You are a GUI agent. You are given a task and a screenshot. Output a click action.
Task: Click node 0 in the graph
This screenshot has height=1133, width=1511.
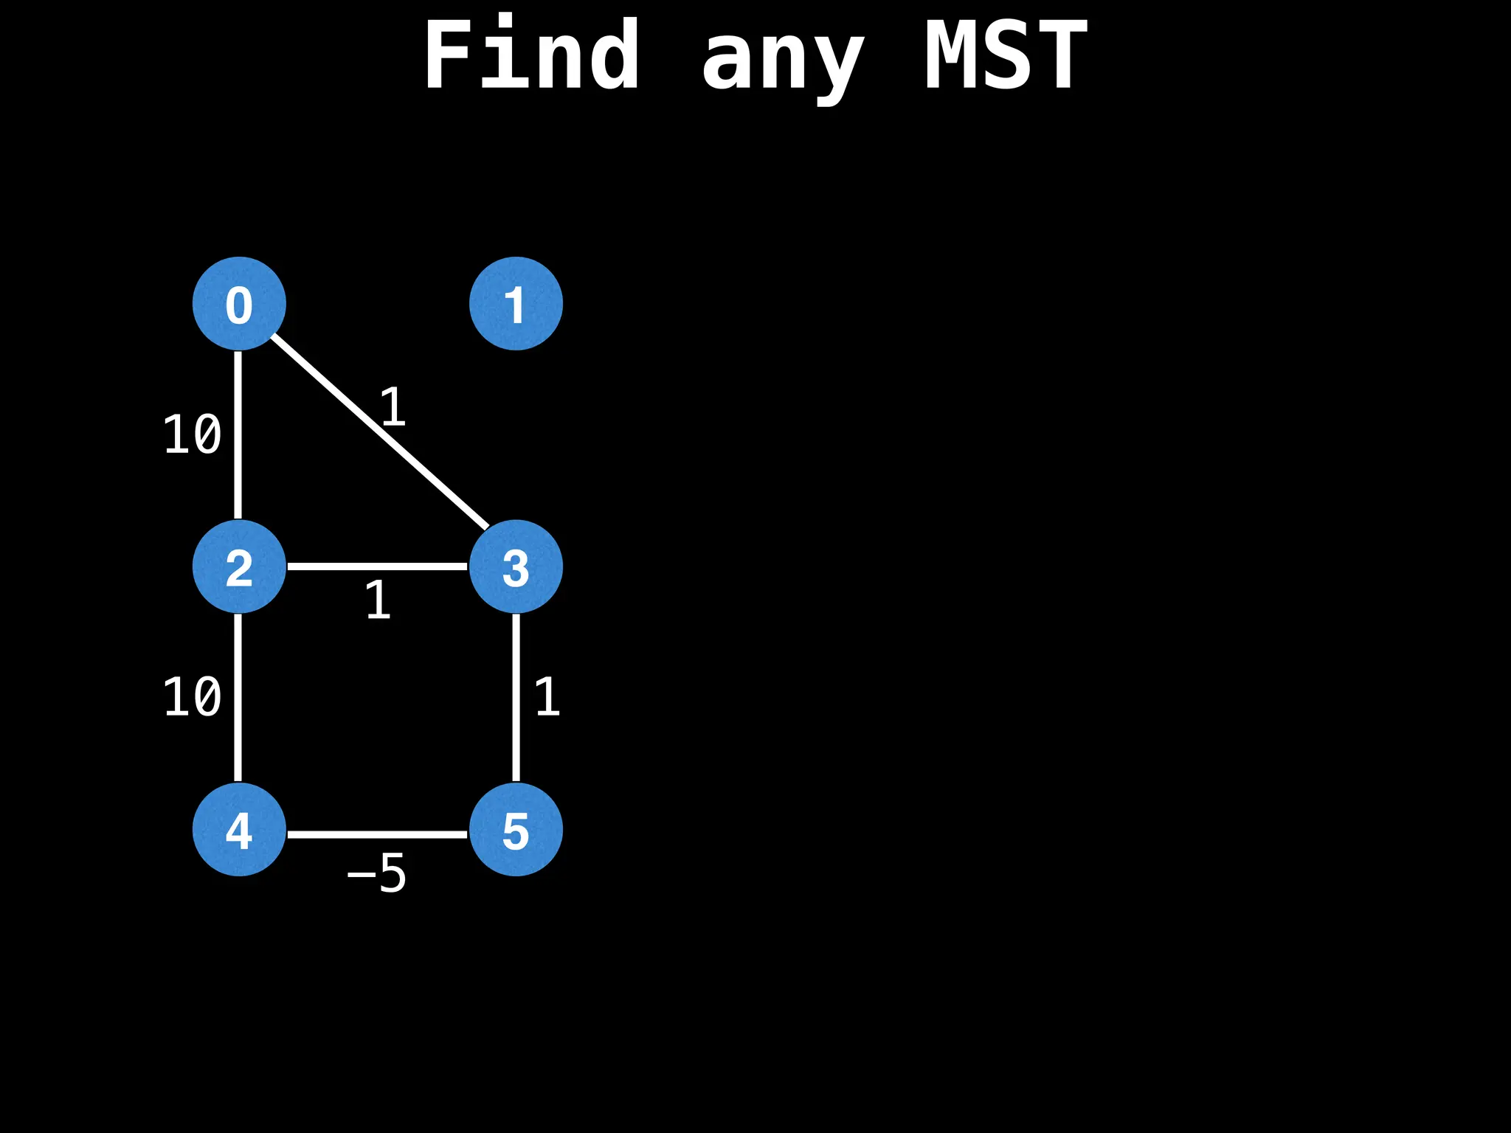point(239,303)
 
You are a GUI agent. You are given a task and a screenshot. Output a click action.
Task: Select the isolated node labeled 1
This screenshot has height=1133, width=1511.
point(516,303)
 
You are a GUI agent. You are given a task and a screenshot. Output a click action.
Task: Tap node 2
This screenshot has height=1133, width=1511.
point(239,566)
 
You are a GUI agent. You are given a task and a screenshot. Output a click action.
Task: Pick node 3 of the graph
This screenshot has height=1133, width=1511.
point(516,566)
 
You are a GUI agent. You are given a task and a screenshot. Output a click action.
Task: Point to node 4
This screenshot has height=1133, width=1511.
point(239,829)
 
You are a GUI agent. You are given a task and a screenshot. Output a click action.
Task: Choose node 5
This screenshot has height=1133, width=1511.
point(516,829)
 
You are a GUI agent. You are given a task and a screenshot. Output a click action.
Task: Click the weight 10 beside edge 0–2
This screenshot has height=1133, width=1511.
point(192,435)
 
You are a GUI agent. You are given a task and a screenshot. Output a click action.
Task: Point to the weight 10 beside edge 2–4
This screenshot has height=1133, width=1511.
point(192,698)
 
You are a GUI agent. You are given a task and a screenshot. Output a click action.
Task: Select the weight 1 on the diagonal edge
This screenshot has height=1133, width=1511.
point(393,407)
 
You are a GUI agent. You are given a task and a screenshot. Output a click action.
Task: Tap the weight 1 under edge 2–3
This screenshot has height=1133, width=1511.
point(378,600)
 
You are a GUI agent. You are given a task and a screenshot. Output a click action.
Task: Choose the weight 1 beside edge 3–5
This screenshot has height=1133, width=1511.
point(547,698)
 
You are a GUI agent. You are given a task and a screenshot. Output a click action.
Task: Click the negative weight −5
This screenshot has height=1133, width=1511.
point(377,874)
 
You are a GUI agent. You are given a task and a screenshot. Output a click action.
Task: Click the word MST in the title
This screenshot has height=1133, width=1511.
point(1006,55)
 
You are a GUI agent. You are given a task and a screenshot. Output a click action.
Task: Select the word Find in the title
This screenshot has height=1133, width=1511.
point(531,55)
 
